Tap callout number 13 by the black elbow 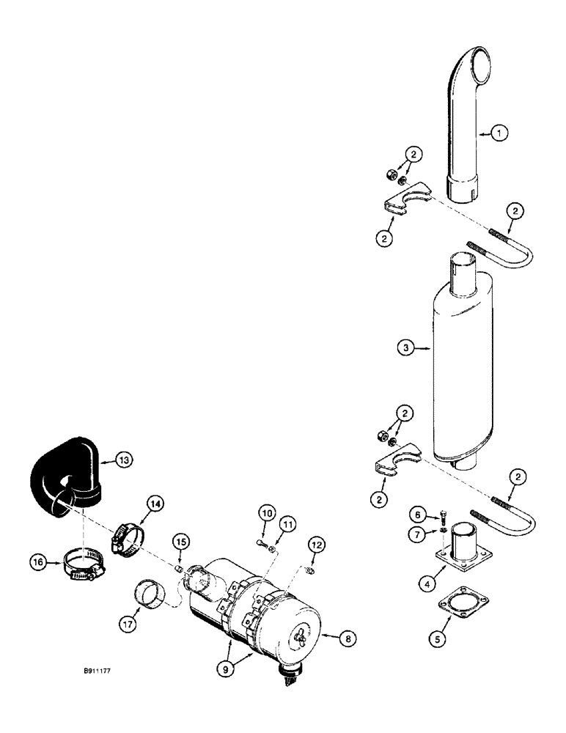125,460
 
